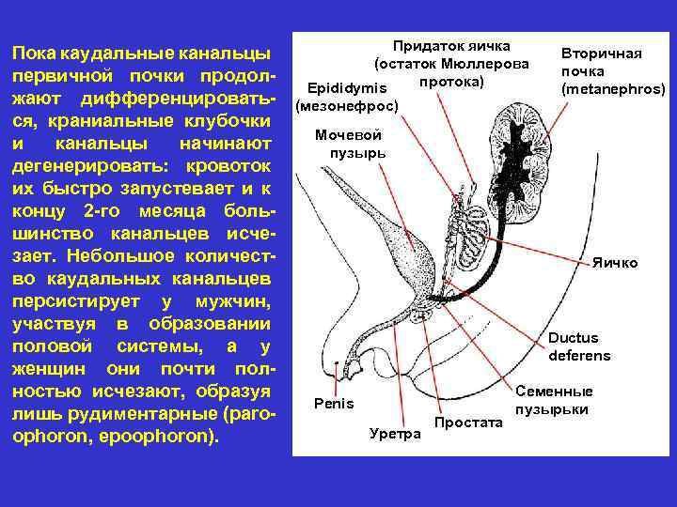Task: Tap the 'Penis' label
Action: (x=334, y=404)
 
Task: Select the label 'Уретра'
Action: (x=395, y=433)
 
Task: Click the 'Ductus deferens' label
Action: (x=579, y=346)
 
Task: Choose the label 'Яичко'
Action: (x=614, y=263)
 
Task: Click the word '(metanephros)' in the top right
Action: (x=612, y=89)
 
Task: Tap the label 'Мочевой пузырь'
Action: (x=349, y=144)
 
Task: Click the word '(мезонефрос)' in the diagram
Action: (x=347, y=106)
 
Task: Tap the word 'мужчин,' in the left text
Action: (x=233, y=301)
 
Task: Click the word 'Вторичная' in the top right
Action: (x=601, y=54)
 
